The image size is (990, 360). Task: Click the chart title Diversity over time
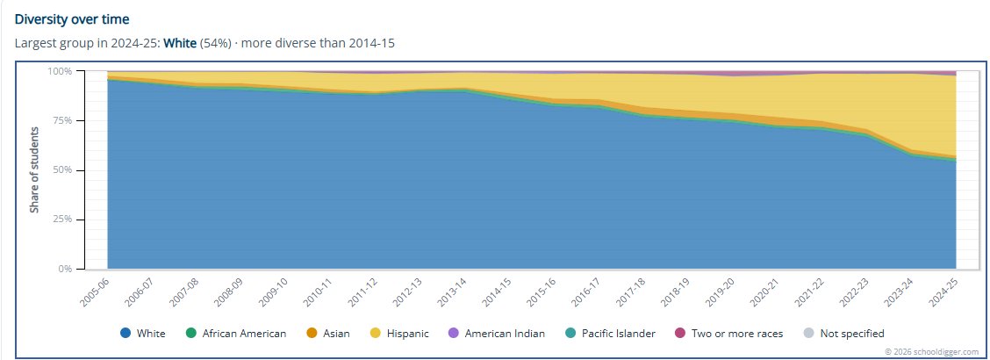pos(72,19)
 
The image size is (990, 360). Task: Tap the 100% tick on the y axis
pos(61,71)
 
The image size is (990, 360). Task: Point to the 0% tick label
pos(66,269)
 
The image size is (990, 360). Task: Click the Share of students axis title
pos(34,169)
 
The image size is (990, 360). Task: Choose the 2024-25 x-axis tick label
pos(943,292)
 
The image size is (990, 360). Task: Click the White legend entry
pos(143,333)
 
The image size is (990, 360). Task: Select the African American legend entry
pos(236,333)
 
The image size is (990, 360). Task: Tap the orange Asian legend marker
pos(312,333)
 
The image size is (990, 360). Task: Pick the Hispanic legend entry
pos(399,333)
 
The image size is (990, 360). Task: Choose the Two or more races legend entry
pos(728,333)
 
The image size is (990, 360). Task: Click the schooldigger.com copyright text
pos(932,351)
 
